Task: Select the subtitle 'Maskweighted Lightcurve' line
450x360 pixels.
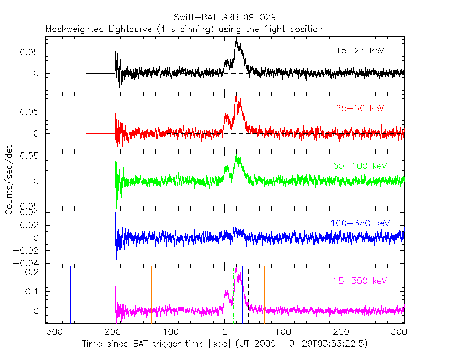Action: coord(184,29)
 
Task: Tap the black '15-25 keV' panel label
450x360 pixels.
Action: coord(359,51)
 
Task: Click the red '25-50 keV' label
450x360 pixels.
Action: coord(359,109)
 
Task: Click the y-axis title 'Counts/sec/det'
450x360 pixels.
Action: coord(10,180)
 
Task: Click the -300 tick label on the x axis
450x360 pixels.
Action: coord(49,332)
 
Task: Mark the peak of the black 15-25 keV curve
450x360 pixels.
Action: coord(236,39)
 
